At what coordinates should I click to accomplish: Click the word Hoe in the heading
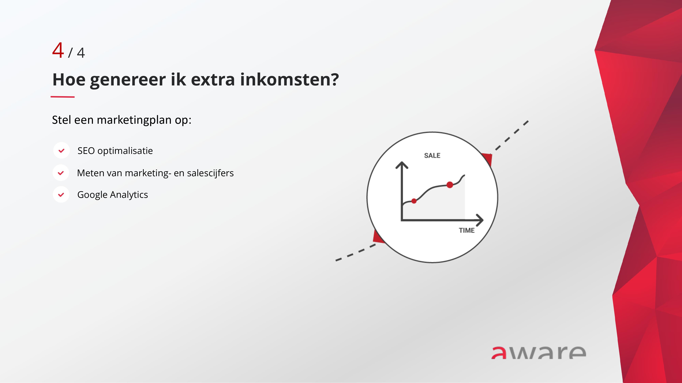click(x=69, y=79)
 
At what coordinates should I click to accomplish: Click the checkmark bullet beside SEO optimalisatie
click(x=61, y=151)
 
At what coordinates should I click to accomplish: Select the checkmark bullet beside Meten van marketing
click(x=61, y=173)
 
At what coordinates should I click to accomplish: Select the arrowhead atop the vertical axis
click(x=402, y=165)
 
